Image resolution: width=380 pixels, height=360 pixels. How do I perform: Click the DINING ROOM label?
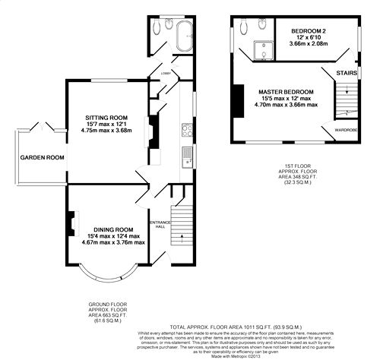pos(113,229)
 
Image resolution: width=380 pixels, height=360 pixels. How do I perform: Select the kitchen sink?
pos(186,159)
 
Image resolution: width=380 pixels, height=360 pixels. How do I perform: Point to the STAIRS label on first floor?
pos(347,73)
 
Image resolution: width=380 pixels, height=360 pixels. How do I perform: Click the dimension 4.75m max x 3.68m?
pos(107,131)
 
